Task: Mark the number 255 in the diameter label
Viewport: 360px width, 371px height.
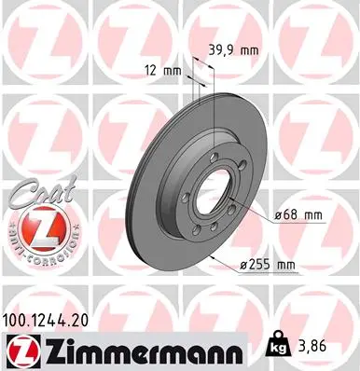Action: click(259, 266)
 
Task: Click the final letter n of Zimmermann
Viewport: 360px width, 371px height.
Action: click(238, 351)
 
